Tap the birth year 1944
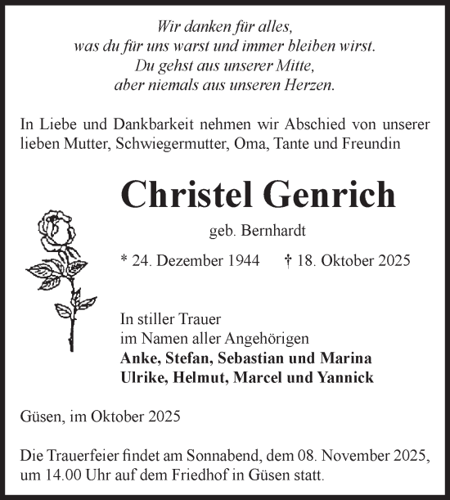(241, 261)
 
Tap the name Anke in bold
(137, 359)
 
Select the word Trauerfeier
(78, 456)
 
